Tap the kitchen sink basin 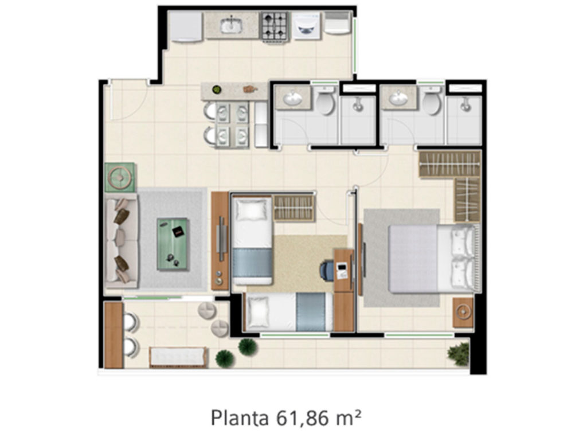232,25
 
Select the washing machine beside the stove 306,26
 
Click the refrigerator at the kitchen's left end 186,26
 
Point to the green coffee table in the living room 172,244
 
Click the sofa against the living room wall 122,240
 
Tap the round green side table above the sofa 120,177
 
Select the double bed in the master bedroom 433,258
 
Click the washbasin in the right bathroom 399,99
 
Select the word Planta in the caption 240,418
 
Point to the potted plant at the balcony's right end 458,354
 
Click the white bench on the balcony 178,357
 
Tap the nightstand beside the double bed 463,312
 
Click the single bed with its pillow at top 252,240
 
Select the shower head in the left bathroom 358,105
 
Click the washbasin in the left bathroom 293,99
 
